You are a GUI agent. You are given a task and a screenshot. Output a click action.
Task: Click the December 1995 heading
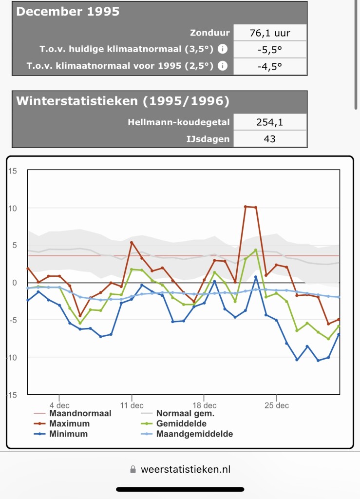(x=68, y=12)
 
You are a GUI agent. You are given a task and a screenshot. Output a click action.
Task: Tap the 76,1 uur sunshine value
(x=270, y=33)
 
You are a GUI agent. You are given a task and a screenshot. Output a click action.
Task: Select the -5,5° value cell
(x=270, y=49)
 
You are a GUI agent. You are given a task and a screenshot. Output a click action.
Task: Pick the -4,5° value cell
(x=270, y=66)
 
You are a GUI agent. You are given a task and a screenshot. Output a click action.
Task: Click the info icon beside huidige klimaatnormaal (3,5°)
(x=223, y=49)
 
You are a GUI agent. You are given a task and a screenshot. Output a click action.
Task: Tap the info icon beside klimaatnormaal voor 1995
(x=223, y=66)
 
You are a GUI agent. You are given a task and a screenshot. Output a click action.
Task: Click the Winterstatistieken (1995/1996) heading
(x=123, y=101)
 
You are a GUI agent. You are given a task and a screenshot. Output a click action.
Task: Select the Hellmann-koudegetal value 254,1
(x=270, y=122)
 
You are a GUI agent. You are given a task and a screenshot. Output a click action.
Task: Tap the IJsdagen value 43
(x=270, y=138)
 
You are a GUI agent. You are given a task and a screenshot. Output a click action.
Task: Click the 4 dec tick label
(x=59, y=405)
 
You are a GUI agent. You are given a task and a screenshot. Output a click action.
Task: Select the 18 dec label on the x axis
(x=204, y=405)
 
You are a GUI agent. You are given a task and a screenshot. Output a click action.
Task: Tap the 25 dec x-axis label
(x=276, y=405)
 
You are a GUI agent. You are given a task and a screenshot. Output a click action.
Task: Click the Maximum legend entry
(x=69, y=423)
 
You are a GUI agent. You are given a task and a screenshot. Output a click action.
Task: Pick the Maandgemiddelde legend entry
(x=194, y=434)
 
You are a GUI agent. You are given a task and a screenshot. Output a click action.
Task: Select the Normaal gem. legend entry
(x=185, y=413)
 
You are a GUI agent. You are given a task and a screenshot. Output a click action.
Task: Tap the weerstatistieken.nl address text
(x=185, y=469)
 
